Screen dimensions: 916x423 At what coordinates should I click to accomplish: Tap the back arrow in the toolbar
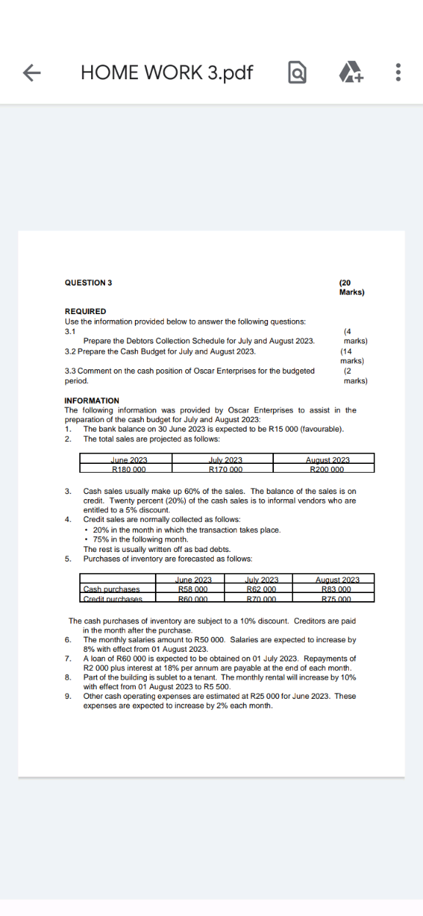coord(30,72)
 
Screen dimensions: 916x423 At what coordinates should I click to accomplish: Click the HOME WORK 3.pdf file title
coord(167,72)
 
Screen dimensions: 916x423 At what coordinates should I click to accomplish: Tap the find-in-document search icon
coord(297,72)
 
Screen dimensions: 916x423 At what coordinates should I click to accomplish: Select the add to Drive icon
coord(347,72)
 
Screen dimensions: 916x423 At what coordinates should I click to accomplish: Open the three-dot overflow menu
coord(397,72)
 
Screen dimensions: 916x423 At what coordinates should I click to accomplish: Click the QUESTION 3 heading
coord(88,283)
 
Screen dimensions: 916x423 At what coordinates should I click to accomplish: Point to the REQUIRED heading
coord(85,311)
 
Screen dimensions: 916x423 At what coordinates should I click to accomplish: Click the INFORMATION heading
coord(92,400)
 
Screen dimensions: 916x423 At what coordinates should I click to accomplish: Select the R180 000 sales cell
coord(129,469)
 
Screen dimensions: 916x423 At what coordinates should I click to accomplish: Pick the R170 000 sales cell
coord(225,469)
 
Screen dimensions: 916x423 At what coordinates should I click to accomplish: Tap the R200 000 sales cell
coord(327,469)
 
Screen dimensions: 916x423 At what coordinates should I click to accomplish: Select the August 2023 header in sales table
coord(327,459)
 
